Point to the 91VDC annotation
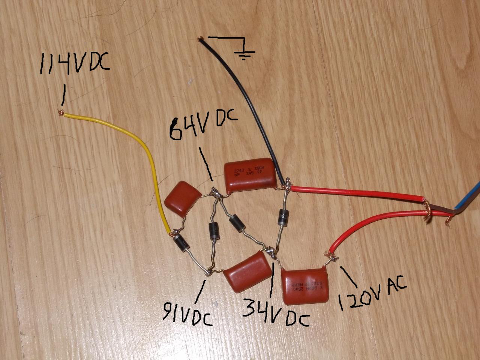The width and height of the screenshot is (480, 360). [x=186, y=313]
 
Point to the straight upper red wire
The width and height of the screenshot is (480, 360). [x=356, y=192]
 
